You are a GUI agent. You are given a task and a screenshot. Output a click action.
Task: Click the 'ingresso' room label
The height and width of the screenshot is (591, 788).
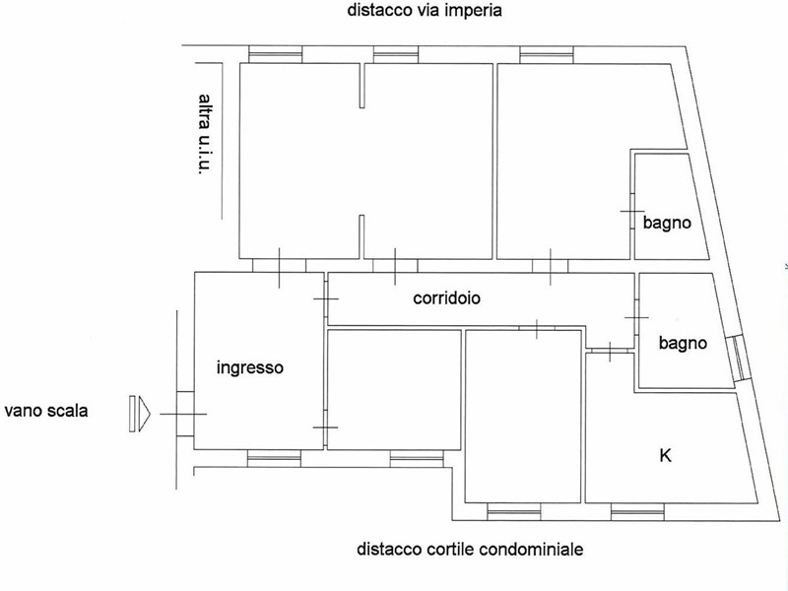[x=250, y=367]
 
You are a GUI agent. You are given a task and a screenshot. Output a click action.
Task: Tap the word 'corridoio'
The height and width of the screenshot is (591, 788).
[x=446, y=298]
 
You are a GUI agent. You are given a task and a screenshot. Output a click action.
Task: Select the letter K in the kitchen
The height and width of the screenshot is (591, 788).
[x=665, y=456]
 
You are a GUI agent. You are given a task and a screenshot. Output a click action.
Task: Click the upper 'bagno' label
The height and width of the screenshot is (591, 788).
[x=667, y=223]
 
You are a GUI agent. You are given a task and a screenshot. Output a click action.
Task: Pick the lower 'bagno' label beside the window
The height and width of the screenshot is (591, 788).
[x=683, y=343]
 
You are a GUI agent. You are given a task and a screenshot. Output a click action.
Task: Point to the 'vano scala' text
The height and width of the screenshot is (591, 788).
[x=46, y=411]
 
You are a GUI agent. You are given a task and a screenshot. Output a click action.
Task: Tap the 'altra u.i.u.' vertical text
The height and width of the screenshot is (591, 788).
[x=204, y=134]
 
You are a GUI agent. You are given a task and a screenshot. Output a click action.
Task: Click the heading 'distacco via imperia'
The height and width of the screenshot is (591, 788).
[x=425, y=10]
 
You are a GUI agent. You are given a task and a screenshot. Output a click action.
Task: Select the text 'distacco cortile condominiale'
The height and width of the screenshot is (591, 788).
[x=470, y=549]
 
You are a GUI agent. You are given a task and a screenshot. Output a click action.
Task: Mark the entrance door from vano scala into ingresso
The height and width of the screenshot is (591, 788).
[x=185, y=414]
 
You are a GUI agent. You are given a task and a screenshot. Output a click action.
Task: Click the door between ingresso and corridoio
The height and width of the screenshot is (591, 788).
[x=326, y=299]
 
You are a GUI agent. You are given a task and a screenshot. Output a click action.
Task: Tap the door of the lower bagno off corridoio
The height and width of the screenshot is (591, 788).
[x=636, y=317]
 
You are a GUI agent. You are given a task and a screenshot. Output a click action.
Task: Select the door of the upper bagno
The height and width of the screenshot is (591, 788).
[x=632, y=212]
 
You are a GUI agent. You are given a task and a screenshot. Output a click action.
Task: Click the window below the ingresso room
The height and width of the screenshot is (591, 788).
[x=274, y=458]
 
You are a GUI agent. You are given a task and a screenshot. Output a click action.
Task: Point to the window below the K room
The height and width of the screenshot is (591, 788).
[x=637, y=512]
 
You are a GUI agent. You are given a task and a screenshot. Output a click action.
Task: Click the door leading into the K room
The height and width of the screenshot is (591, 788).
[x=610, y=351]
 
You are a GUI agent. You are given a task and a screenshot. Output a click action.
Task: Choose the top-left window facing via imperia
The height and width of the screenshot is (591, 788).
[x=276, y=54]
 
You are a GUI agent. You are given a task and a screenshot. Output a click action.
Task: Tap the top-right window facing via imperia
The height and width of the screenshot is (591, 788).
[x=547, y=55]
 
